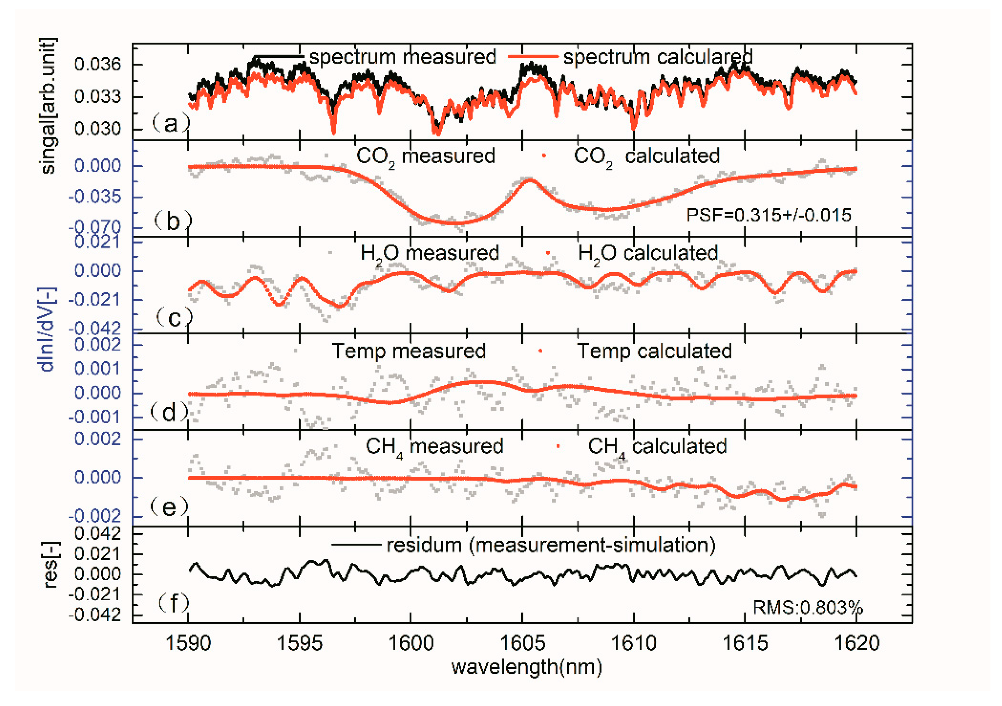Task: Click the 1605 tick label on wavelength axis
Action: pos(522,643)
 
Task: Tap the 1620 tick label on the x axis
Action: pos(856,643)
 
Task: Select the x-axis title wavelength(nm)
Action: pos(527,667)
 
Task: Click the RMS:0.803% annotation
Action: pos(807,607)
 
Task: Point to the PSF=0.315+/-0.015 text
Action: pos(768,215)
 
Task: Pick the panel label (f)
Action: pos(173,603)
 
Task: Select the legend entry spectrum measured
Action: pos(402,57)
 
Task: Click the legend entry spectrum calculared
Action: pos(657,57)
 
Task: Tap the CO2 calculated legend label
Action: pos(646,156)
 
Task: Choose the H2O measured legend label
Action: pos(430,253)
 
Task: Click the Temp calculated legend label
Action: pos(654,351)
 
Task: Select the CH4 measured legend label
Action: pos(434,447)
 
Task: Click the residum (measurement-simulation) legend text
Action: pos(551,545)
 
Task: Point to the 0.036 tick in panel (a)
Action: pos(97,64)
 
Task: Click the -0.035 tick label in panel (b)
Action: pos(95,197)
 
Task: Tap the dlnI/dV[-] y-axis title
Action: pos(47,330)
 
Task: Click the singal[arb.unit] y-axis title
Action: pos(48,106)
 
